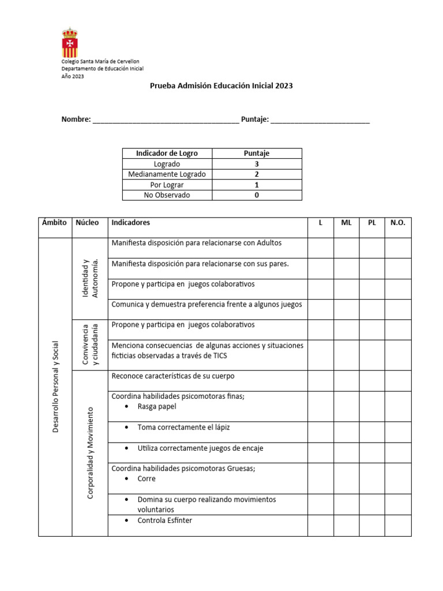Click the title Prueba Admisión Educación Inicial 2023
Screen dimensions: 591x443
tap(221, 85)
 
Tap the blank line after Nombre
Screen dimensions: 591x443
tap(166, 121)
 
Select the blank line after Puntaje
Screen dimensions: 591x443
tap(320, 121)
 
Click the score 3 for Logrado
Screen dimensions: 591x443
tap(257, 164)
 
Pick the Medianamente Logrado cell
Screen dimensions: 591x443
tap(167, 174)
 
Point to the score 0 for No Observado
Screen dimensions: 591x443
tap(257, 195)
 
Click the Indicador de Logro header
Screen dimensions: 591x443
tap(167, 154)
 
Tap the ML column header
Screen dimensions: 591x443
tap(346, 223)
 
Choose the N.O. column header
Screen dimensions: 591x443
tap(398, 223)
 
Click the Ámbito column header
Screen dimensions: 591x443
tap(55, 223)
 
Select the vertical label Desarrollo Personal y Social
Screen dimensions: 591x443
tap(55, 387)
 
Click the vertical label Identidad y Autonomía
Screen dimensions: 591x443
tap(90, 279)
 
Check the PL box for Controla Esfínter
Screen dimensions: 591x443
tap(372, 525)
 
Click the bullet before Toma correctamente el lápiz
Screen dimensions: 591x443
tap(127, 428)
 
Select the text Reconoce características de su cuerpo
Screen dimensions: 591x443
tap(173, 376)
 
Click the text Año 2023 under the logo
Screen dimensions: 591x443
tap(73, 76)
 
